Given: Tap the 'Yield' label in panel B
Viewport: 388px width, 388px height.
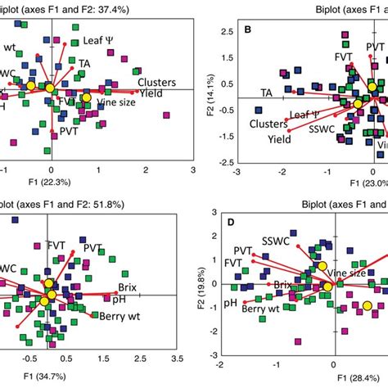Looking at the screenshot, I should [281, 140].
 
